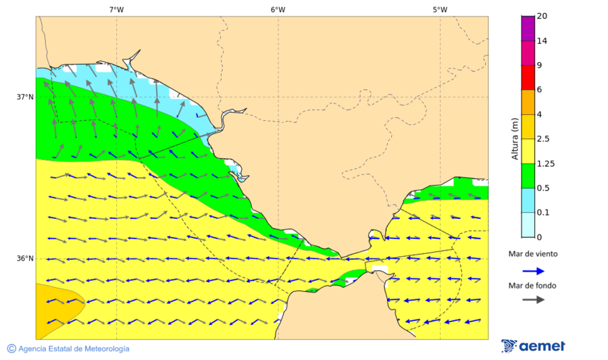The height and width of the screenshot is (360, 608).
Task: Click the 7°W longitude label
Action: (116, 9)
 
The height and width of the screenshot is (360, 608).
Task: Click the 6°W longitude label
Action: (278, 9)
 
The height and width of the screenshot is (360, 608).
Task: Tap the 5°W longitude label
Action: (440, 9)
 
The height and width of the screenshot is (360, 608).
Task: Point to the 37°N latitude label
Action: (25, 97)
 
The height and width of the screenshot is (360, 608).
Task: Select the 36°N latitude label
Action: (25, 259)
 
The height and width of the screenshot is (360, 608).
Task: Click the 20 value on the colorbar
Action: (542, 16)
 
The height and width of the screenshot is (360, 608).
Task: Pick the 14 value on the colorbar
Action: (542, 41)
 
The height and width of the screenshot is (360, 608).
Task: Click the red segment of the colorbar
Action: (528, 77)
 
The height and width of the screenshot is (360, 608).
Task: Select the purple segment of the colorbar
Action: (528, 28)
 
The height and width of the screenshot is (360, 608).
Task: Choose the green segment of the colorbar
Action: (528, 176)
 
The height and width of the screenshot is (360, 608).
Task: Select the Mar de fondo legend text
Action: (533, 286)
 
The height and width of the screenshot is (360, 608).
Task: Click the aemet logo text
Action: (542, 346)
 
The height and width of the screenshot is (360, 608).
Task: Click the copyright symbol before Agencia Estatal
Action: (11, 349)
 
